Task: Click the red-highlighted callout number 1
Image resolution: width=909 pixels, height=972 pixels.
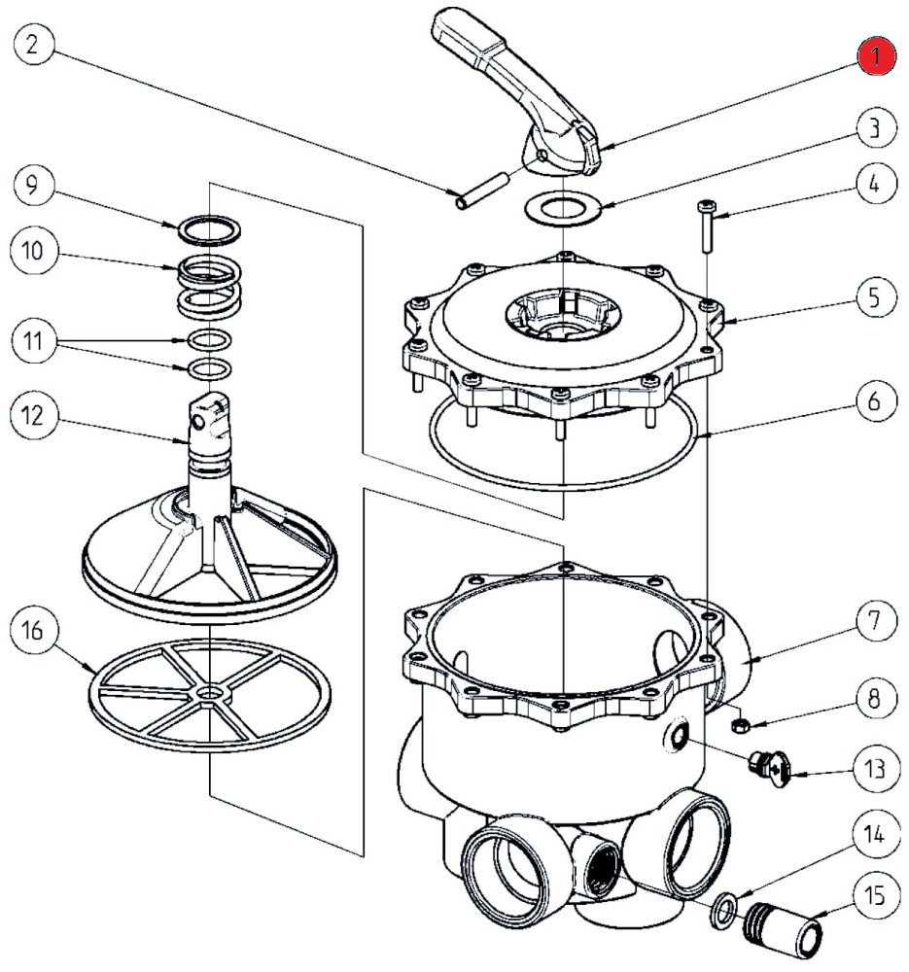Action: point(877,55)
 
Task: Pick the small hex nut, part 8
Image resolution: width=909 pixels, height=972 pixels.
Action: point(738,724)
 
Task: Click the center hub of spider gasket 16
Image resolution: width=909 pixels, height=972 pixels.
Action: point(208,693)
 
